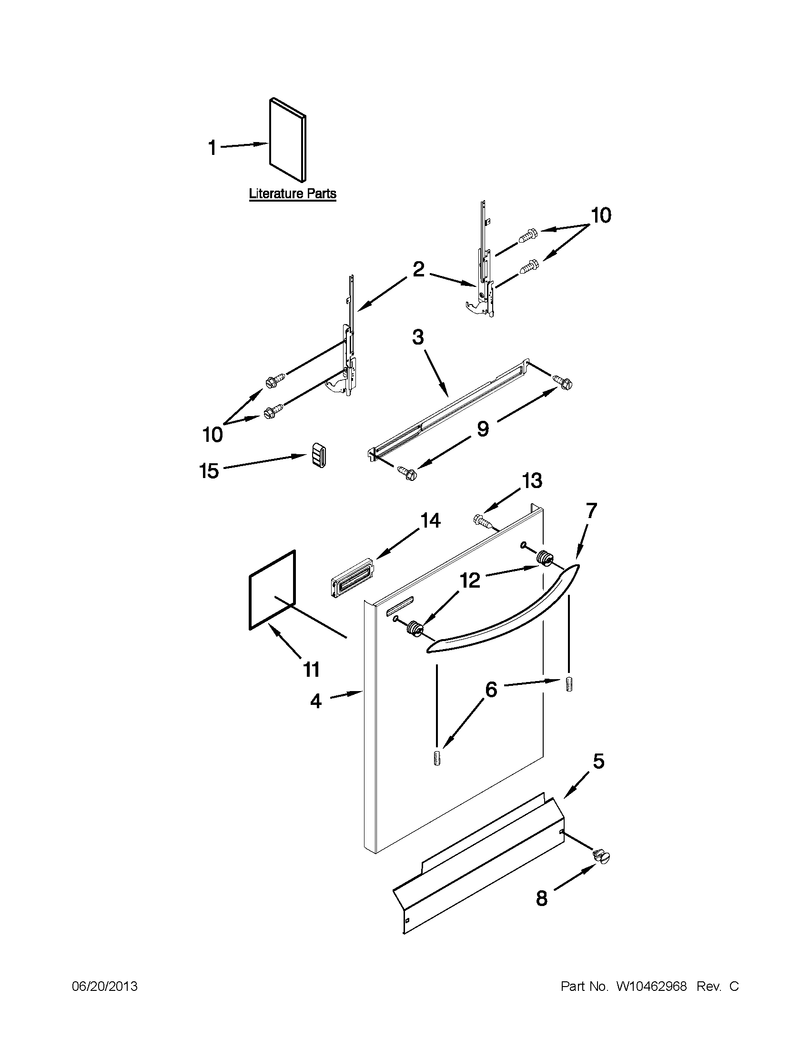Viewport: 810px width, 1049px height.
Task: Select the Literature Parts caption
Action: pos(293,194)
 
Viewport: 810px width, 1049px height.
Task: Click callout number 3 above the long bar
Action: pos(418,337)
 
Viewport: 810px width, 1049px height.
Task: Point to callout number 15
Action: pos(209,471)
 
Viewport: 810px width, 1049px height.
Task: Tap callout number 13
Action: pos(532,481)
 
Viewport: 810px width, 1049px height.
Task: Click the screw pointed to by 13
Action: pos(482,519)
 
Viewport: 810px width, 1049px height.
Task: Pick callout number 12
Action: pos(471,581)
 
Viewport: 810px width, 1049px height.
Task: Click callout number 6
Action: pos(491,690)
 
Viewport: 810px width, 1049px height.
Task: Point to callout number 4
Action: pos(315,701)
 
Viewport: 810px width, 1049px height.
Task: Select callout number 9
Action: pos(483,428)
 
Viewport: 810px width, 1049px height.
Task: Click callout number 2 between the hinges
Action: pos(418,269)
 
